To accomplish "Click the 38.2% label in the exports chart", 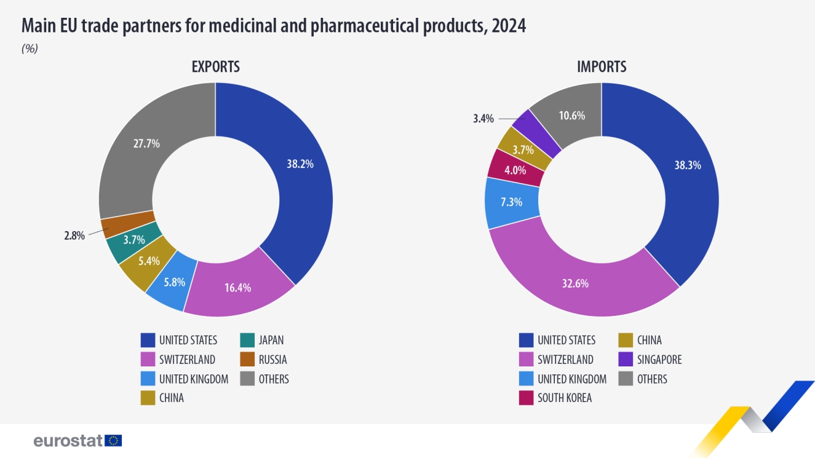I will [300, 164].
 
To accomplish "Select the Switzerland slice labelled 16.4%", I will [237, 287].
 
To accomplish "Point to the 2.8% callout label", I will [74, 235].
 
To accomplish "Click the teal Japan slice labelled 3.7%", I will [133, 240].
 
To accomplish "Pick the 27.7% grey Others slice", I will [146, 144].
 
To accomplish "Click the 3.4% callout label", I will [483, 119].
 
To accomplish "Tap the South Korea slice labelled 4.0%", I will [515, 170].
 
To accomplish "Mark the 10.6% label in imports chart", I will [571, 116].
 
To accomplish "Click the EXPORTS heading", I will [215, 66].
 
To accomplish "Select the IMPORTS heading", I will [601, 66].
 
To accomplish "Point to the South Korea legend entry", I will [564, 398].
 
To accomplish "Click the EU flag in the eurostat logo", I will [113, 440].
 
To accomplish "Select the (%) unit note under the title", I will [30, 49].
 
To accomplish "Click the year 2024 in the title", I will [508, 26].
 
